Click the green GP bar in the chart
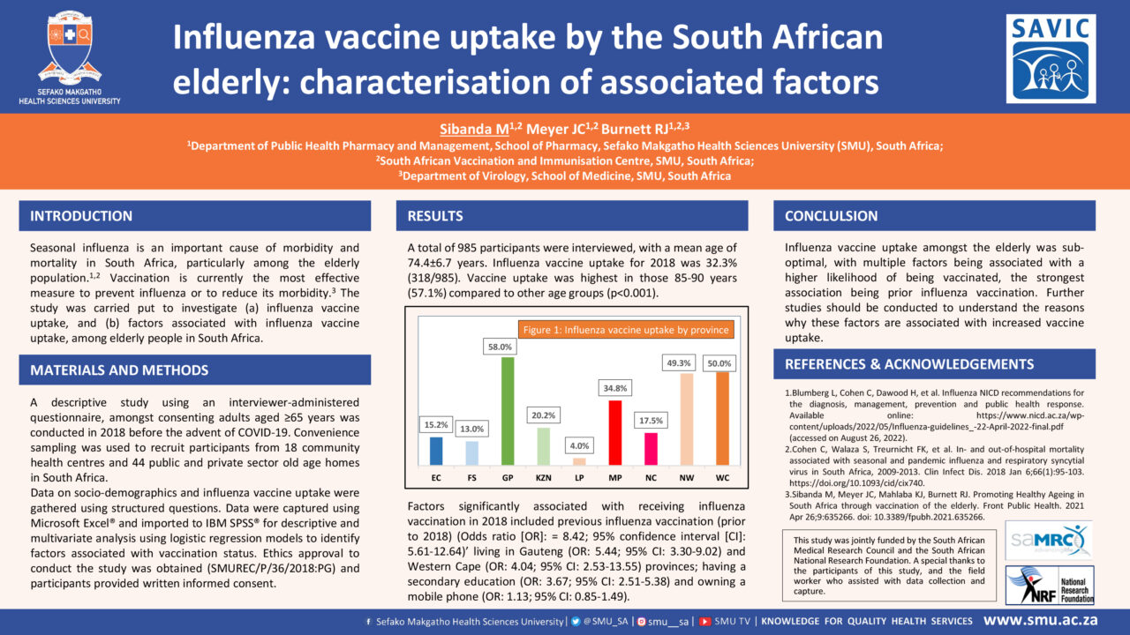point(508,411)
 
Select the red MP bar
point(615,432)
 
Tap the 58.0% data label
point(500,347)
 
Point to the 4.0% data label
point(579,445)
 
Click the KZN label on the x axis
point(543,478)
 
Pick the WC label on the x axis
point(722,478)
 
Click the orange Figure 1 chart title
point(626,330)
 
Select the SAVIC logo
point(1051,59)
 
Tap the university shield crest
point(70,48)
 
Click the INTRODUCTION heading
point(81,216)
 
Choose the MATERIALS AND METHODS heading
point(119,370)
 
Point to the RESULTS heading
point(435,216)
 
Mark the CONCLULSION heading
point(831,216)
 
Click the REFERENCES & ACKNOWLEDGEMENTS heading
point(909,364)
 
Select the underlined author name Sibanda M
point(474,129)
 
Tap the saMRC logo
point(1049,541)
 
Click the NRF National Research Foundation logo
point(1050,585)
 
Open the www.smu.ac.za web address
point(1041,620)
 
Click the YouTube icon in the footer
point(705,622)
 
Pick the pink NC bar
point(651,449)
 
